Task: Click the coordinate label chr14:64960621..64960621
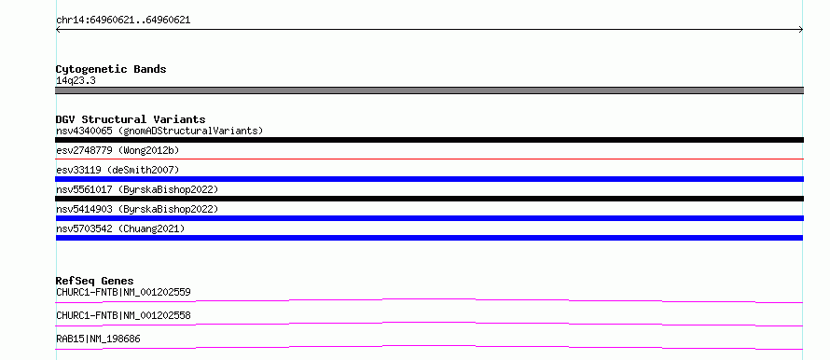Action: click(x=123, y=21)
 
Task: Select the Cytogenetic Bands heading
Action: click(x=111, y=69)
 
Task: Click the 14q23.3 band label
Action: click(x=76, y=81)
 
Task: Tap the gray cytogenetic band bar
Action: click(x=429, y=90)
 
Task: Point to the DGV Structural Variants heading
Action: click(x=131, y=119)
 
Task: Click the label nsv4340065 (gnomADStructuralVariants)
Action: click(x=159, y=131)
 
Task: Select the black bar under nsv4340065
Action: click(x=429, y=140)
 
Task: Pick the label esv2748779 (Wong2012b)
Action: click(x=118, y=150)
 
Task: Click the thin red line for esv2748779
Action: click(x=429, y=159)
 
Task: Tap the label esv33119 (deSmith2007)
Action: click(x=118, y=170)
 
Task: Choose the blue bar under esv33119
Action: click(x=429, y=179)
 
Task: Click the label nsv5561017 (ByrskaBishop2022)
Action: click(x=137, y=189)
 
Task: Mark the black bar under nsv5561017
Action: click(x=429, y=199)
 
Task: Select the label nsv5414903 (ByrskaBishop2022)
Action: click(x=137, y=209)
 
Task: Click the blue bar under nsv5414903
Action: click(x=429, y=218)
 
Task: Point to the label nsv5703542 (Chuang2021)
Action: click(x=120, y=228)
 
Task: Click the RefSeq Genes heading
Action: click(x=95, y=281)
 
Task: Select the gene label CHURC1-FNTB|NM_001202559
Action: click(x=123, y=292)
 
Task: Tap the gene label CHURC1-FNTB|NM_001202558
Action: click(x=123, y=315)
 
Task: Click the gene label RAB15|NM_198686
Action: click(x=99, y=339)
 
